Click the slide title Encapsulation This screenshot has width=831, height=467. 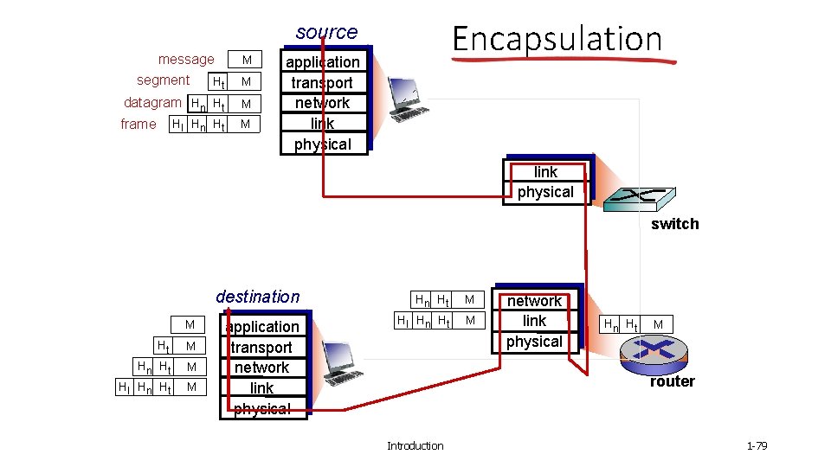[x=557, y=39]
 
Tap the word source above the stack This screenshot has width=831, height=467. [x=326, y=32]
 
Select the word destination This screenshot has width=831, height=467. [x=258, y=297]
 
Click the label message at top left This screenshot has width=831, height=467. [x=186, y=59]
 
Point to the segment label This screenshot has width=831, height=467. [x=163, y=80]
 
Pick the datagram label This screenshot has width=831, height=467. [x=152, y=102]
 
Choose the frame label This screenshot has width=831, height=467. [x=138, y=124]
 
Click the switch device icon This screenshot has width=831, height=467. [x=641, y=200]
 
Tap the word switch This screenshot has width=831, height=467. [x=674, y=224]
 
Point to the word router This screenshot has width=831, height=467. [x=673, y=381]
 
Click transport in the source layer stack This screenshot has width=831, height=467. [x=322, y=82]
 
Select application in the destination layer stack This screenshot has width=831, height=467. [x=262, y=326]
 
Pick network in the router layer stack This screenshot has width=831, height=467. [x=534, y=301]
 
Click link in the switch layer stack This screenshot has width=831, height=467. [x=545, y=171]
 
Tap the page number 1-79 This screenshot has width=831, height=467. [x=757, y=445]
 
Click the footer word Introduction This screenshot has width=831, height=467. [x=415, y=445]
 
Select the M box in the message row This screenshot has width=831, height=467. [x=247, y=60]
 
